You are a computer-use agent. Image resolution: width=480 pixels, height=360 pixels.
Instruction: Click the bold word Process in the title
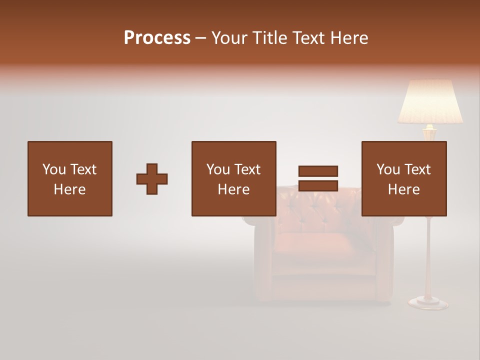(157, 38)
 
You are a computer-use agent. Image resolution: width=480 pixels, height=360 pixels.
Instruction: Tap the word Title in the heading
(272, 38)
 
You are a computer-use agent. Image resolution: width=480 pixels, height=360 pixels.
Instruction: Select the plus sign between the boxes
(152, 179)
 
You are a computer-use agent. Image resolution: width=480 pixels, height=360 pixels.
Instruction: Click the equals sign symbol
(318, 178)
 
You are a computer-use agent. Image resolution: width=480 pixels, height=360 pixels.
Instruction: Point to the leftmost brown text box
(69, 178)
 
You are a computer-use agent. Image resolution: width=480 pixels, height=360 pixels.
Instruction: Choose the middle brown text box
(233, 178)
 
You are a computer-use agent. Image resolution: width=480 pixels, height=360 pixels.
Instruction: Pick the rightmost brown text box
(403, 178)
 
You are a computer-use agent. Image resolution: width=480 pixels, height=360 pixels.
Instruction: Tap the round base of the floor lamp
(428, 302)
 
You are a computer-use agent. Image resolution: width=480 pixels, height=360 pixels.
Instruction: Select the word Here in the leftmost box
(69, 189)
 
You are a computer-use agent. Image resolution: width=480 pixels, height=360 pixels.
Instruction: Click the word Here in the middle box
(233, 189)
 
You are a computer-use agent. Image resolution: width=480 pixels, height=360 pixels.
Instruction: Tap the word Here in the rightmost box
(403, 189)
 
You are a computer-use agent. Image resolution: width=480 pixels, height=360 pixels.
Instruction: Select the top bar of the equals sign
(318, 171)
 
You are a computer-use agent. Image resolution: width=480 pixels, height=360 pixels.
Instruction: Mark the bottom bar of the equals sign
(318, 186)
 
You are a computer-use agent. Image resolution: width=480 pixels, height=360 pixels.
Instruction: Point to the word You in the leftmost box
(53, 169)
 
